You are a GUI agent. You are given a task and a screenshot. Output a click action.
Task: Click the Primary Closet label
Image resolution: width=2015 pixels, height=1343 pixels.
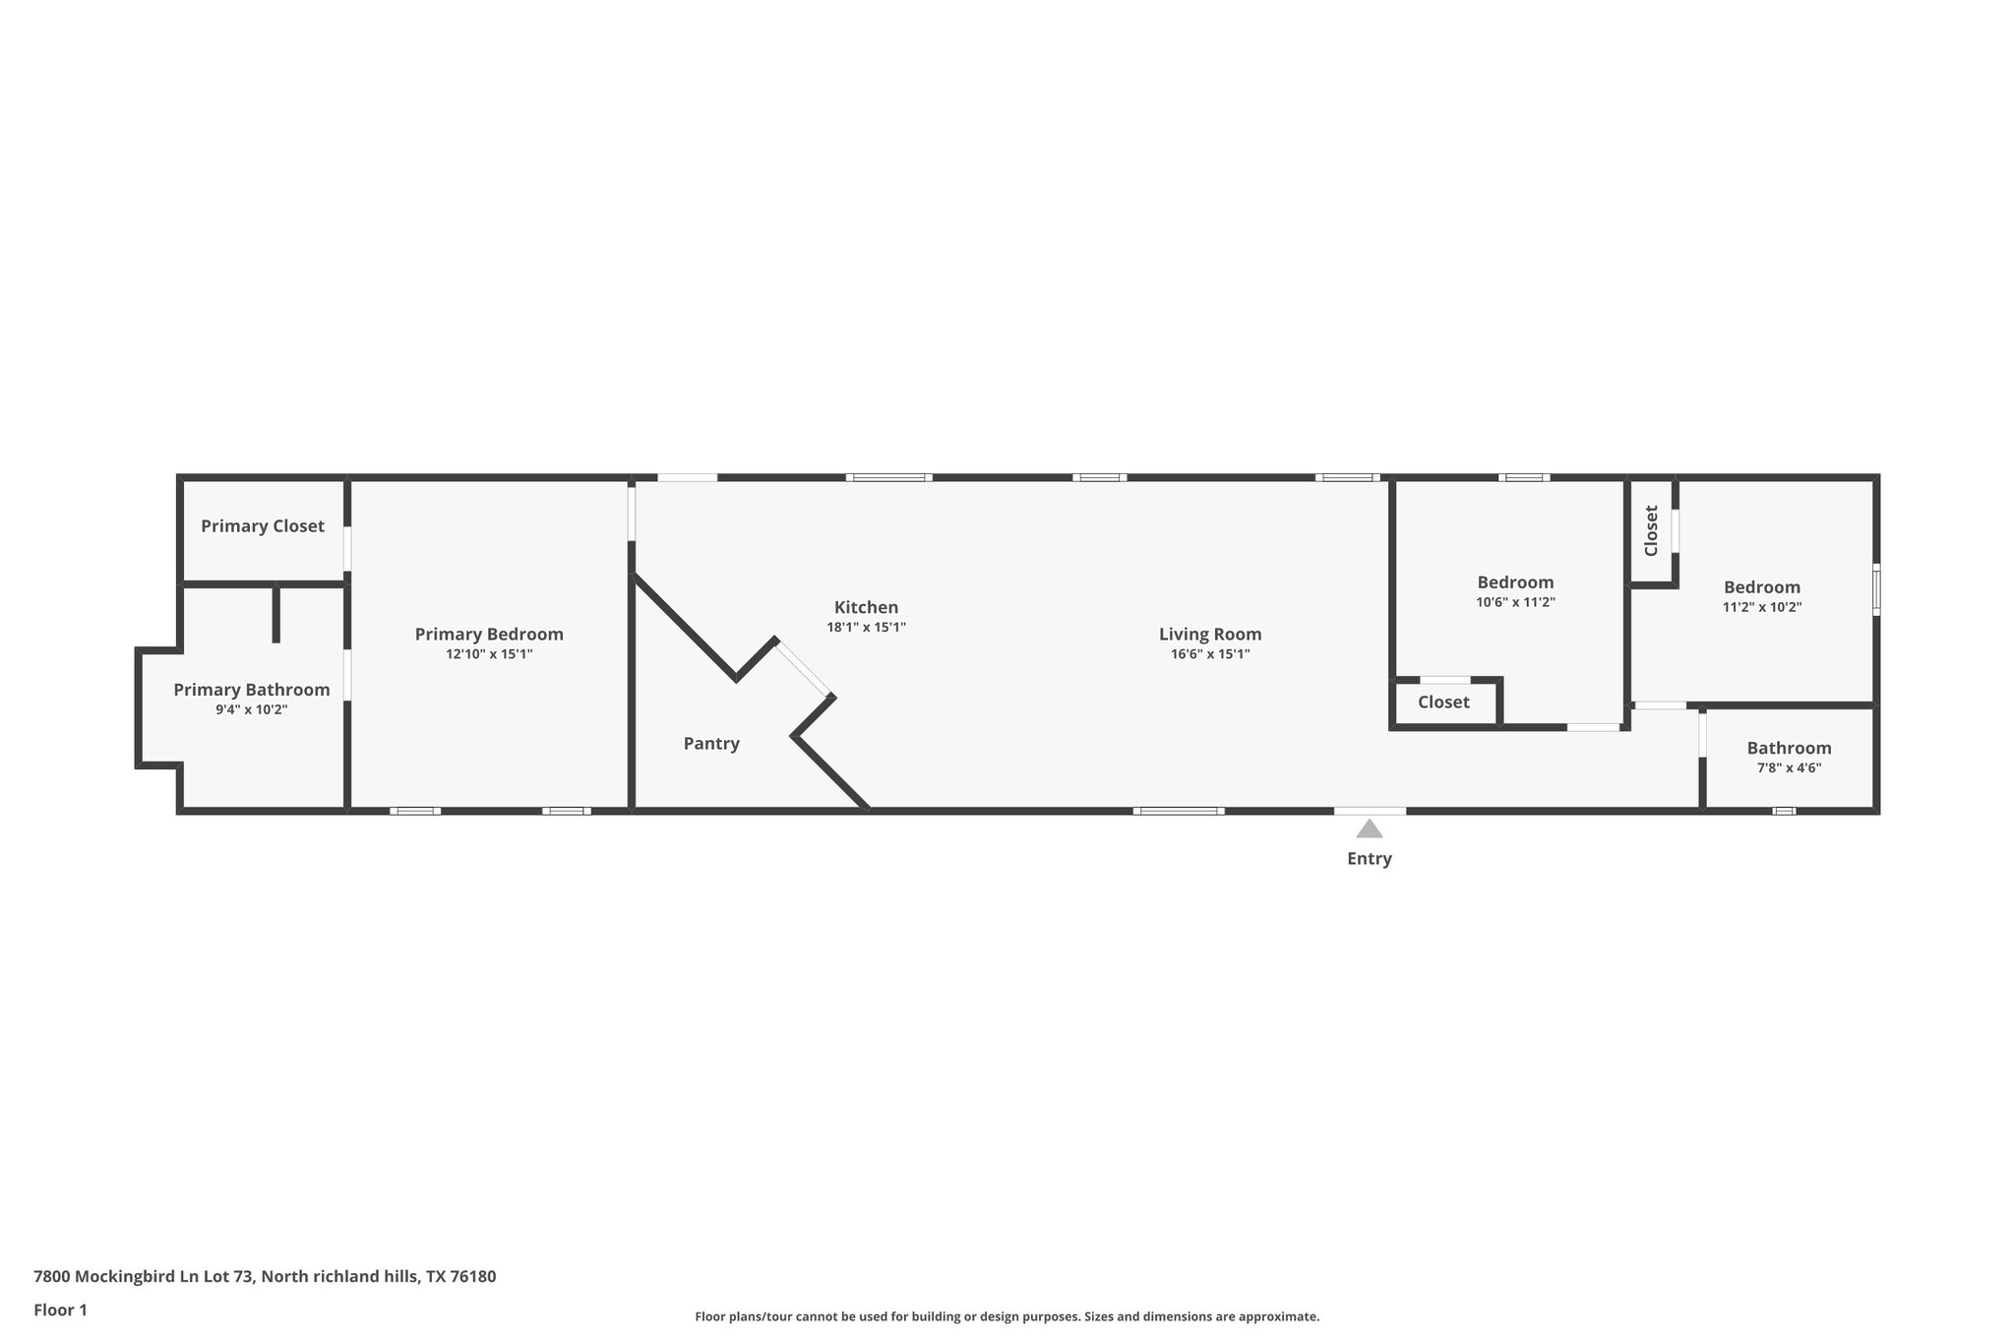pos(262,526)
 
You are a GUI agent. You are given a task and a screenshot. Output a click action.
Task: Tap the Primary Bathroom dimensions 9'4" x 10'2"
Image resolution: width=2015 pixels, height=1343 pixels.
pos(251,709)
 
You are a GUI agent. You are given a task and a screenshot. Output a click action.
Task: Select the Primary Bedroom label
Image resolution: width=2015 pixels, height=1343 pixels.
pos(489,635)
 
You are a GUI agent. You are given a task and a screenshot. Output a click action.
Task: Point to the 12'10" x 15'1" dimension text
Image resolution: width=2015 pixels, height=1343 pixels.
pos(489,654)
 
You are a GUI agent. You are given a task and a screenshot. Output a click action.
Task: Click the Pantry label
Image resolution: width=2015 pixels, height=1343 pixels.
pos(711,744)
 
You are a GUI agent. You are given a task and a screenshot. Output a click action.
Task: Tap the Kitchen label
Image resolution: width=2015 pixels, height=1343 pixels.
pos(866,607)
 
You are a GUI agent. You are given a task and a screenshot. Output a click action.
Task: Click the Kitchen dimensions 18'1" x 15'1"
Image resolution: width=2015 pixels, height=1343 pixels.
pos(866,627)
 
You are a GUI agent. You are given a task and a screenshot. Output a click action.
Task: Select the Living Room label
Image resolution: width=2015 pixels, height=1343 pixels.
pos(1209,635)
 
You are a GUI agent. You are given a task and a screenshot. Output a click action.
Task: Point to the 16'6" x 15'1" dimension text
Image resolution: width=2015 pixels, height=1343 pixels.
pos(1209,654)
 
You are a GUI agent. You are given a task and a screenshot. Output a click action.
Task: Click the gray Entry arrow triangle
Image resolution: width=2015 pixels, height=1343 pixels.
pos(1369,829)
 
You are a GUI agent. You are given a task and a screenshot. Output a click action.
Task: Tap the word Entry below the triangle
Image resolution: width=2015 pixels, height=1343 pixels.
pos(1369,859)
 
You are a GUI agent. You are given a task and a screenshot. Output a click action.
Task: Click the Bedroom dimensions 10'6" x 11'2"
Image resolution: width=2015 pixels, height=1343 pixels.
pos(1515,602)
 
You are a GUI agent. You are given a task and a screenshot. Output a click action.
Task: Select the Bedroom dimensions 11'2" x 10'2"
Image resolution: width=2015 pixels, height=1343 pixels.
pos(1761,607)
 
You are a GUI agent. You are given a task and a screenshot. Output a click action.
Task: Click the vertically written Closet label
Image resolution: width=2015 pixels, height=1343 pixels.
pos(1651,530)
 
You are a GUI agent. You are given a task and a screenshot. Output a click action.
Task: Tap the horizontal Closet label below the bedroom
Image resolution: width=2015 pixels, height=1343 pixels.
pos(1443,702)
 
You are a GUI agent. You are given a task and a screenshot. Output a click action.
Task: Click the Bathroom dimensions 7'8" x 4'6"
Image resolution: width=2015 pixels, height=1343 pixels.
pos(1789,767)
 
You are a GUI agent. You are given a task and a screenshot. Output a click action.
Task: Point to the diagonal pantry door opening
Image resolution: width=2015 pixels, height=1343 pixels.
pos(805,670)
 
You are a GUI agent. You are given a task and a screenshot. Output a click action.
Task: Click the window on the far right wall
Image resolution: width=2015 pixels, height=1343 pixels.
pos(1875,589)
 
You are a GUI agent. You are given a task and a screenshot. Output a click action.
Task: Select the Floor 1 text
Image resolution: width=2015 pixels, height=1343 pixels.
pos(60,1311)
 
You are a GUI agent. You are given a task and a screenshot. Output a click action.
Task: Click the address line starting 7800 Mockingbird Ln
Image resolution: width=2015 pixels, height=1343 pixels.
pos(265,1277)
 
